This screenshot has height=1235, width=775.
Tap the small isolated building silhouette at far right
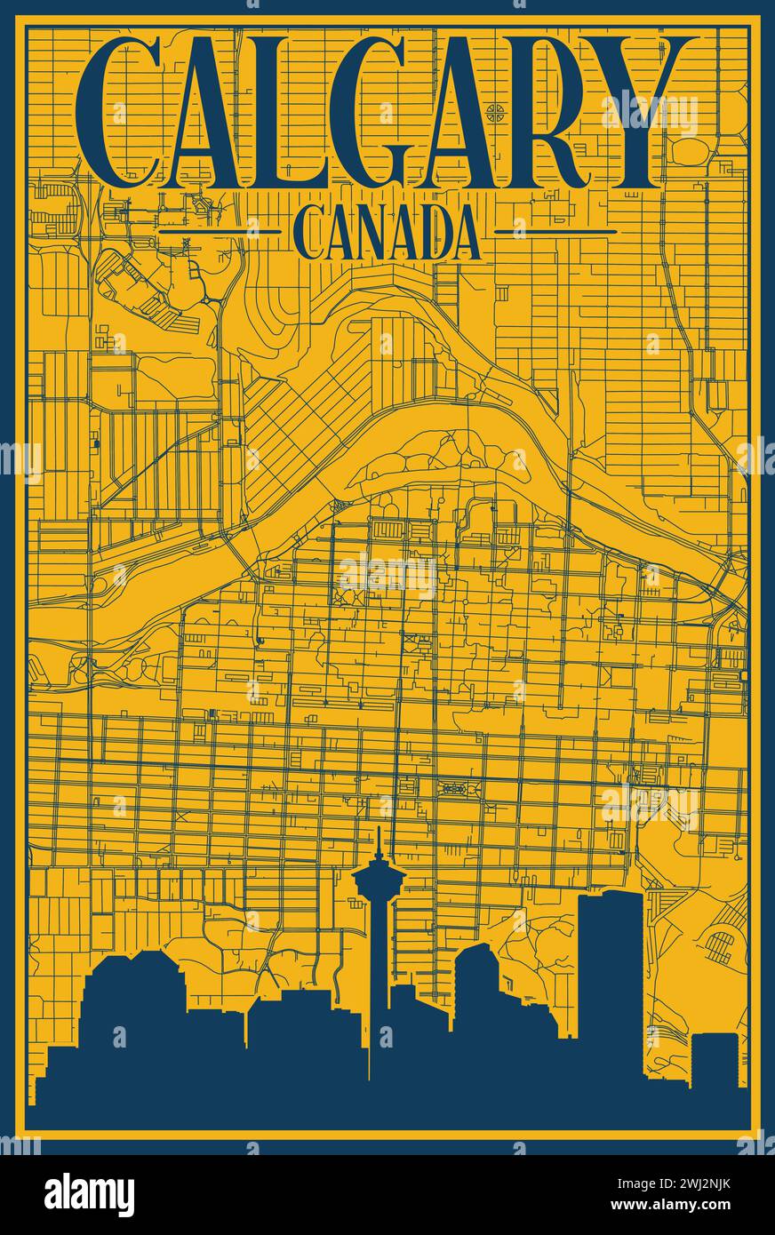(715, 1057)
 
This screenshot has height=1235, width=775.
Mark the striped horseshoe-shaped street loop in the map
(722, 944)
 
